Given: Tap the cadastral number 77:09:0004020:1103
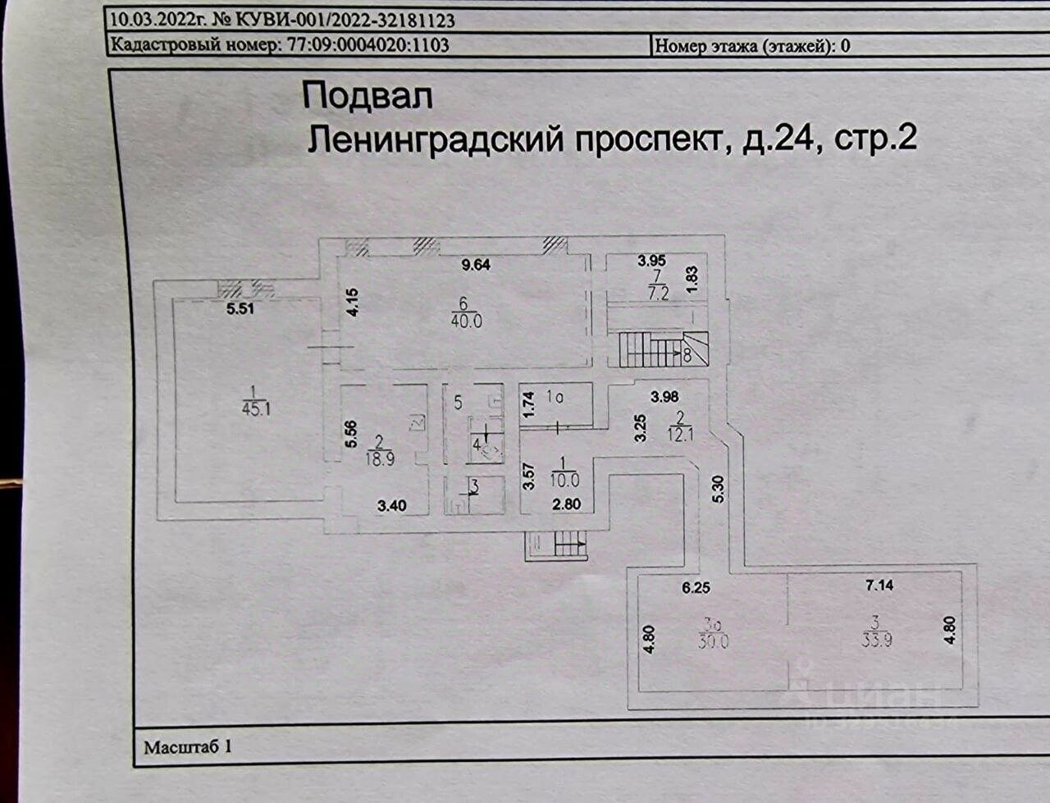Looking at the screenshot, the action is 367,45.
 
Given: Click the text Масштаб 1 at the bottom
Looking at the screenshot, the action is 188,746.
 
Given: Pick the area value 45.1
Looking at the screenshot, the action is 256,409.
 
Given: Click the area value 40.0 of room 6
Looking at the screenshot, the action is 467,321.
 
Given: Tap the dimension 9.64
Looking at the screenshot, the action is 476,265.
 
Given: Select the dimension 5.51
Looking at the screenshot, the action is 240,309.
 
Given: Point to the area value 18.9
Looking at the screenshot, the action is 380,459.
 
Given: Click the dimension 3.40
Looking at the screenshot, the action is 392,505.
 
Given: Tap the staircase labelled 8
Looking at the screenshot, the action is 664,349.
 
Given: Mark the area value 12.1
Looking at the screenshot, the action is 680,434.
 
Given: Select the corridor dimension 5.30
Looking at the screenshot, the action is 719,489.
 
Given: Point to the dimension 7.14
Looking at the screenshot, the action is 879,586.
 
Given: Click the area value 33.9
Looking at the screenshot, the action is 876,641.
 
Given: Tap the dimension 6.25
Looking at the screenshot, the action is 696,588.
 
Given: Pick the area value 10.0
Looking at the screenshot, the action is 565,480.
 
